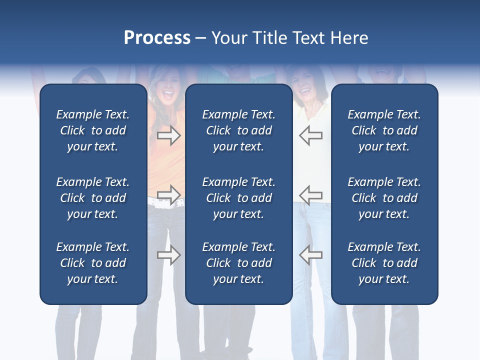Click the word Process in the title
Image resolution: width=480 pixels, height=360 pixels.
pos(157,38)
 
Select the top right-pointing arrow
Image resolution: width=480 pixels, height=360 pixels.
pos(168,135)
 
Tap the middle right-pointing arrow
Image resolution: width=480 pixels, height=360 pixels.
pos(168,194)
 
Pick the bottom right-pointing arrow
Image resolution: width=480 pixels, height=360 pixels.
pos(168,255)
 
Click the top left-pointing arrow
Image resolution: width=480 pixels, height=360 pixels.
pos(311,135)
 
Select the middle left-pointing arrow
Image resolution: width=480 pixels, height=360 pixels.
pos(311,194)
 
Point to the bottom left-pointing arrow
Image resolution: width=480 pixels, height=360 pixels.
pos(311,255)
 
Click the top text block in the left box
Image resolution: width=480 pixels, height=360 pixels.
pos(93,130)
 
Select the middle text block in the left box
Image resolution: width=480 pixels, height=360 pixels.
pos(93,198)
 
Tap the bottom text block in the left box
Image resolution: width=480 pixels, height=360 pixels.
pos(93,263)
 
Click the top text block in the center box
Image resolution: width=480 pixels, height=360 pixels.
pos(238,130)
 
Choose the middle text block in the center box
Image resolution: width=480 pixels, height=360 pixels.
pos(238,198)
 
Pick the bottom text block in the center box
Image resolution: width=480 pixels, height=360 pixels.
pos(238,263)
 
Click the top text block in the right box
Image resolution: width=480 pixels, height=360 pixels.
pos(384,130)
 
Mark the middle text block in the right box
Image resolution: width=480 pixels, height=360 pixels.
pos(384,198)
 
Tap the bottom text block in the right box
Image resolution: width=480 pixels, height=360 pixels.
pos(384,263)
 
